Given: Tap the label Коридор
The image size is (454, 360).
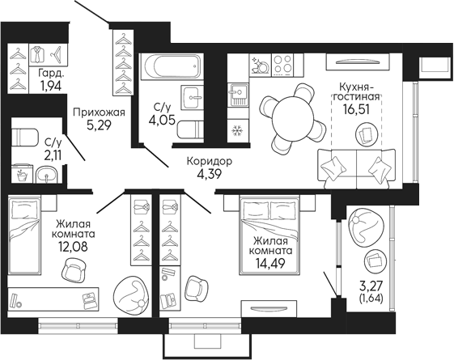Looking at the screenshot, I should [209, 161].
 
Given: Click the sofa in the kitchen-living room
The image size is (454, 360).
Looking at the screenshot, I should [353, 167].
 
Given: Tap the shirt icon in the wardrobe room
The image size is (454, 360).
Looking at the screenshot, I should [38, 56].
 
